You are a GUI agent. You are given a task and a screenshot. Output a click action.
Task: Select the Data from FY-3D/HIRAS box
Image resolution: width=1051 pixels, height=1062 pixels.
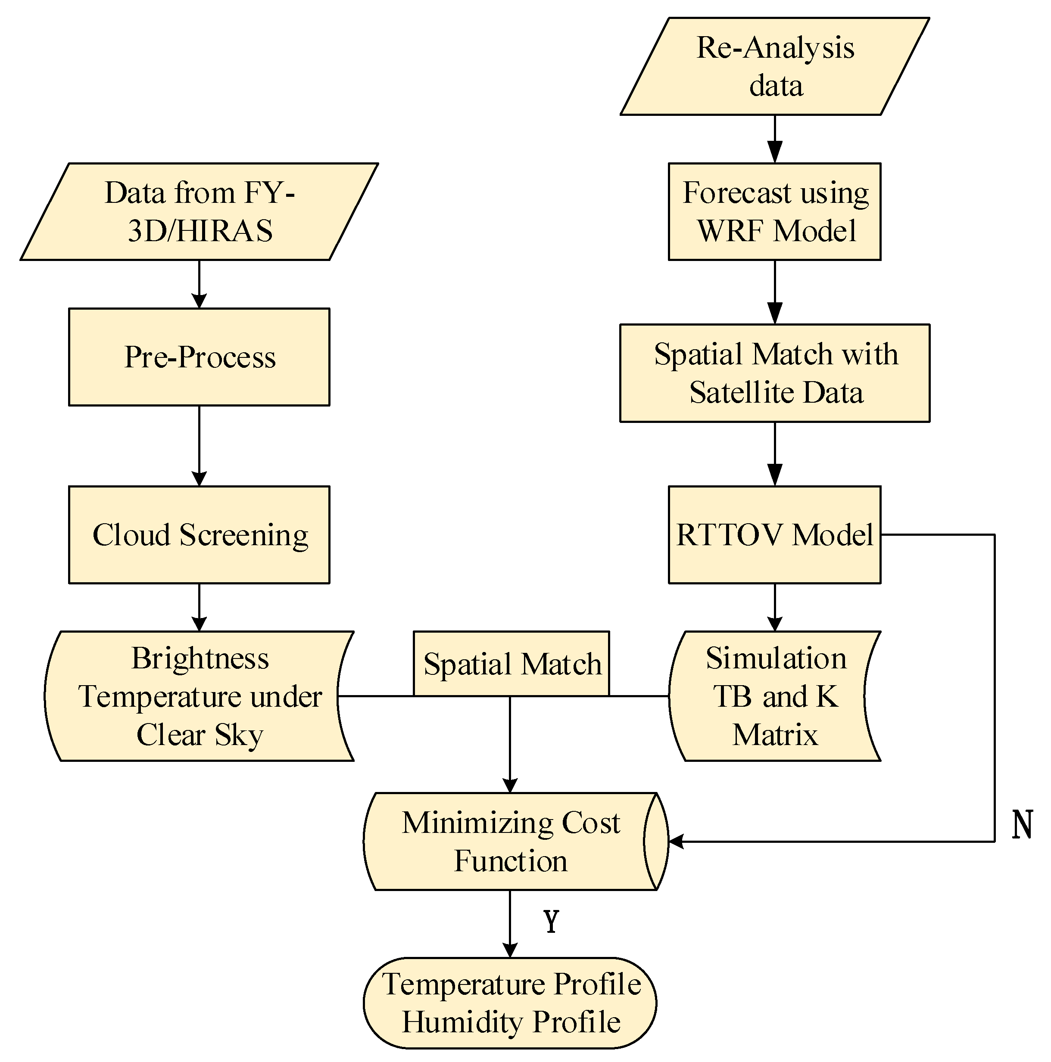(199, 211)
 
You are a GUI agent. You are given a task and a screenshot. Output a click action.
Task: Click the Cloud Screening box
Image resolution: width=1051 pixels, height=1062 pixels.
(199, 534)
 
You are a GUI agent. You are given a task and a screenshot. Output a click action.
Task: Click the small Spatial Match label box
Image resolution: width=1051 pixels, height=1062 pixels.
(511, 664)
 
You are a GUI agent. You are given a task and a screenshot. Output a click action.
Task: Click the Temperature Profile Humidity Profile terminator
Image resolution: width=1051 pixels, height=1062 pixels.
(510, 1002)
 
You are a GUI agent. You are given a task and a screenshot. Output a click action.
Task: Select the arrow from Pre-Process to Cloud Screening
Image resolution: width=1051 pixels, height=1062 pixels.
(199, 446)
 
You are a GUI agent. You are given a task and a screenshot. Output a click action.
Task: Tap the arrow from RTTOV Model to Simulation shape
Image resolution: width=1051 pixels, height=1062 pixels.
(774, 607)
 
